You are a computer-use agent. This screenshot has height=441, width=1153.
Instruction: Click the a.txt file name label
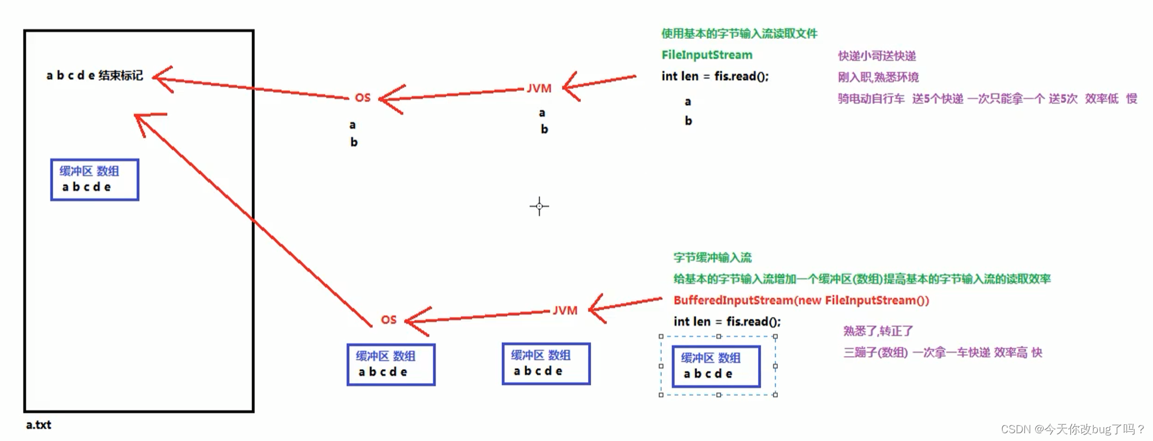38,425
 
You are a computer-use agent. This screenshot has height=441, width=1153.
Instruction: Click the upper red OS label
363,98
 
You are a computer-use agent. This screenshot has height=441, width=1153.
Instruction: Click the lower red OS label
389,320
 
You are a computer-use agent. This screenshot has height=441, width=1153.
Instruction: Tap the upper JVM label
539,89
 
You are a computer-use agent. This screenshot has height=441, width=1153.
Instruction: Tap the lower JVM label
565,311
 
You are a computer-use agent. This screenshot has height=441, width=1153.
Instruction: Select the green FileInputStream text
707,55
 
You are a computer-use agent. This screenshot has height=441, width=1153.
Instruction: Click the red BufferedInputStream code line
801,300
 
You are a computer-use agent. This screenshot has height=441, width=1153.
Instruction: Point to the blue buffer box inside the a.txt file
95,180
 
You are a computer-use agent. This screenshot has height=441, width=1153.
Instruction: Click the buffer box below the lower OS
391,364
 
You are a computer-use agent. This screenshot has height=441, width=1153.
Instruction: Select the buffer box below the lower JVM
546,364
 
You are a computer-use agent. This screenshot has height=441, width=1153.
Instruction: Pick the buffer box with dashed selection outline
716,366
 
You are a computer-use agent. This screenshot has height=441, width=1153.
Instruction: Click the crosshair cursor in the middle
539,206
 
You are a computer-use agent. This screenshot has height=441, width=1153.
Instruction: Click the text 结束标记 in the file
121,75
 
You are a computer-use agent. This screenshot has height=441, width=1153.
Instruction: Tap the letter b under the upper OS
354,142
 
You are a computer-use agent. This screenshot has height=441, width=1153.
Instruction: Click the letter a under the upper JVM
542,113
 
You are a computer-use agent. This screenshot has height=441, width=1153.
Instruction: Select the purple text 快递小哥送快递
877,56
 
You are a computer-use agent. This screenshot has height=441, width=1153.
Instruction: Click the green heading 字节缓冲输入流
712,258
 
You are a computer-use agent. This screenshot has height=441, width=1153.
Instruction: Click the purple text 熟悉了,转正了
878,331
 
